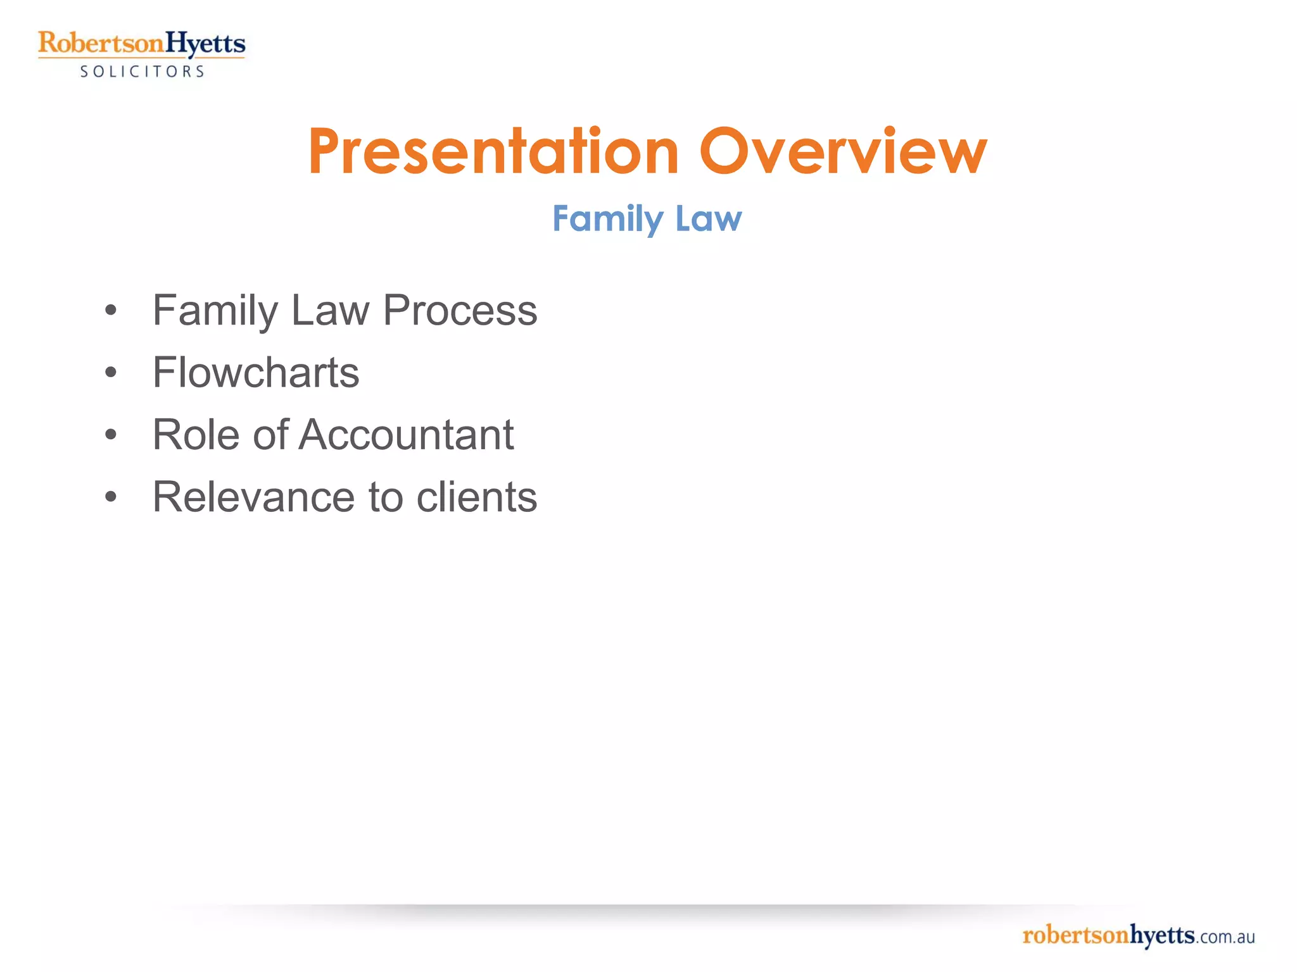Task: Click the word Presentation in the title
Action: [493, 152]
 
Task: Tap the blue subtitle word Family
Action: [607, 219]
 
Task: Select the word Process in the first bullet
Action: [460, 311]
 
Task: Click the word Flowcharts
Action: [256, 373]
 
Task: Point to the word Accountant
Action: [405, 435]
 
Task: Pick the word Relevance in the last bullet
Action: [253, 497]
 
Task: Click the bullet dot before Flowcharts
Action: [111, 373]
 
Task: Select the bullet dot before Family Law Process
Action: [111, 311]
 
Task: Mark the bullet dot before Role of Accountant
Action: [111, 435]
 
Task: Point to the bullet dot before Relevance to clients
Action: [111, 497]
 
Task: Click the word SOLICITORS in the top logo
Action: [142, 72]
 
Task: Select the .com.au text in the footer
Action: [1225, 937]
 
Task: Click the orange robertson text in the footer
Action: [1075, 935]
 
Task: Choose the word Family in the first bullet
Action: [215, 311]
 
